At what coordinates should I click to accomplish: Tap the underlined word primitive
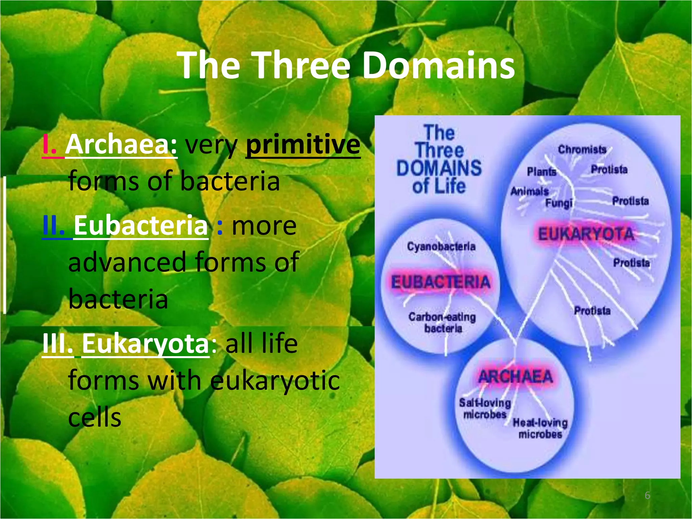303,145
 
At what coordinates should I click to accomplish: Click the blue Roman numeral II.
53,226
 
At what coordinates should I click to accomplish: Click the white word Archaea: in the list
121,145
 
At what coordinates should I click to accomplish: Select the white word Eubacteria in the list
141,226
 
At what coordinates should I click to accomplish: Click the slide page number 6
647,495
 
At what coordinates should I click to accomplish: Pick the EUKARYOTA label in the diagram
586,234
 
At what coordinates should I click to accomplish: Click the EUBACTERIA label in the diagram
440,282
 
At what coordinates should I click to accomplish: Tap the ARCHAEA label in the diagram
515,376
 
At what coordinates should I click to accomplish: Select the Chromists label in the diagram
582,149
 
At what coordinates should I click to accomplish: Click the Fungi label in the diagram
559,203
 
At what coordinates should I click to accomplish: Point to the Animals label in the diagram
529,191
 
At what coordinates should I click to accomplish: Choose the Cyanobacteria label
441,247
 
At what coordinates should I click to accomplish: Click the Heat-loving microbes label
540,428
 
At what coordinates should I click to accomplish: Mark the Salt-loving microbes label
485,408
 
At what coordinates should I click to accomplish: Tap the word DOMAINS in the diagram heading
439,168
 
